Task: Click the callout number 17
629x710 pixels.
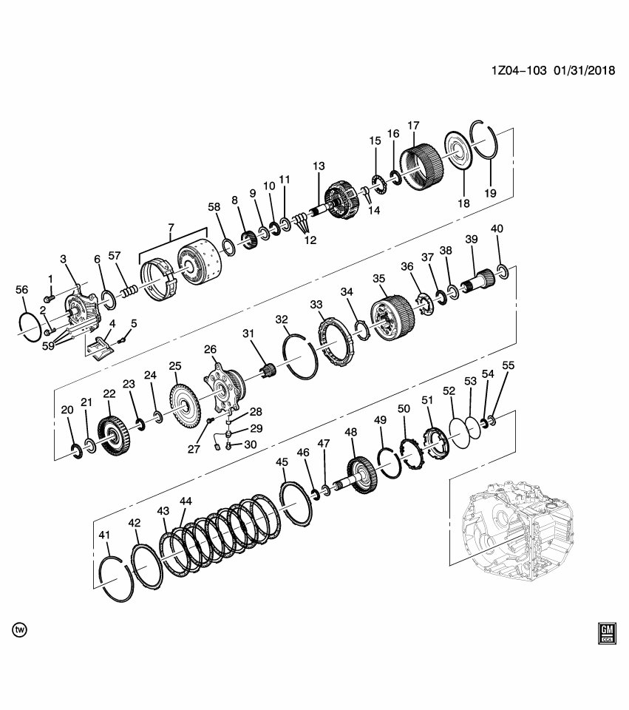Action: click(x=412, y=126)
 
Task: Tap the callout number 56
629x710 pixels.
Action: click(x=22, y=291)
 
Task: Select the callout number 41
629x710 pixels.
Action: click(x=104, y=535)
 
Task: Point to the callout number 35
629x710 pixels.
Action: click(x=378, y=279)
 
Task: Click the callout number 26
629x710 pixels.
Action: click(x=211, y=348)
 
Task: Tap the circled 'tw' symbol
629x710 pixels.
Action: click(x=20, y=629)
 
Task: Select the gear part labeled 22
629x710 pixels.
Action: click(x=112, y=436)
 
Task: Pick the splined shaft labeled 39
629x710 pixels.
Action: click(x=480, y=280)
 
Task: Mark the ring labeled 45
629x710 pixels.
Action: click(x=296, y=503)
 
